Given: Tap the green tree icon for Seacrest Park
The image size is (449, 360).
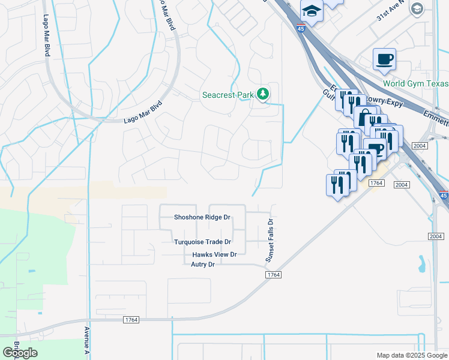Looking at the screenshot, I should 262,94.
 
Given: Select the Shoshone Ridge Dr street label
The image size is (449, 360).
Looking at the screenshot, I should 202,217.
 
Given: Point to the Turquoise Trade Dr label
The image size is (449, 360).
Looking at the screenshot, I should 202,242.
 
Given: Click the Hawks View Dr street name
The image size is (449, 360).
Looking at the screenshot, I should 214,254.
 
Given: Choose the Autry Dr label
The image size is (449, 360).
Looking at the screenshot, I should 203,265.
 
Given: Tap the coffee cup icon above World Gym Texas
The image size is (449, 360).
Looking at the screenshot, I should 384,59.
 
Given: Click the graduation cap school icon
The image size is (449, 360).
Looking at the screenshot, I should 312,10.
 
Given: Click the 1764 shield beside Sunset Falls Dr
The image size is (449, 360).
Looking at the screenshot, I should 273,274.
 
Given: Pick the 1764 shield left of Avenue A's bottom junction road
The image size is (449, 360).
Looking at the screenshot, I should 131,320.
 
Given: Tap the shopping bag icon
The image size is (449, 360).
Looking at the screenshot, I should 364,117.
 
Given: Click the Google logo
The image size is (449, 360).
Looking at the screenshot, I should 20,353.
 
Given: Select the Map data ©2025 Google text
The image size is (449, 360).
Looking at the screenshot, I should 411,355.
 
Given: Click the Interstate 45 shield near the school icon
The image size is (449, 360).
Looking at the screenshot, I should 300,26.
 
